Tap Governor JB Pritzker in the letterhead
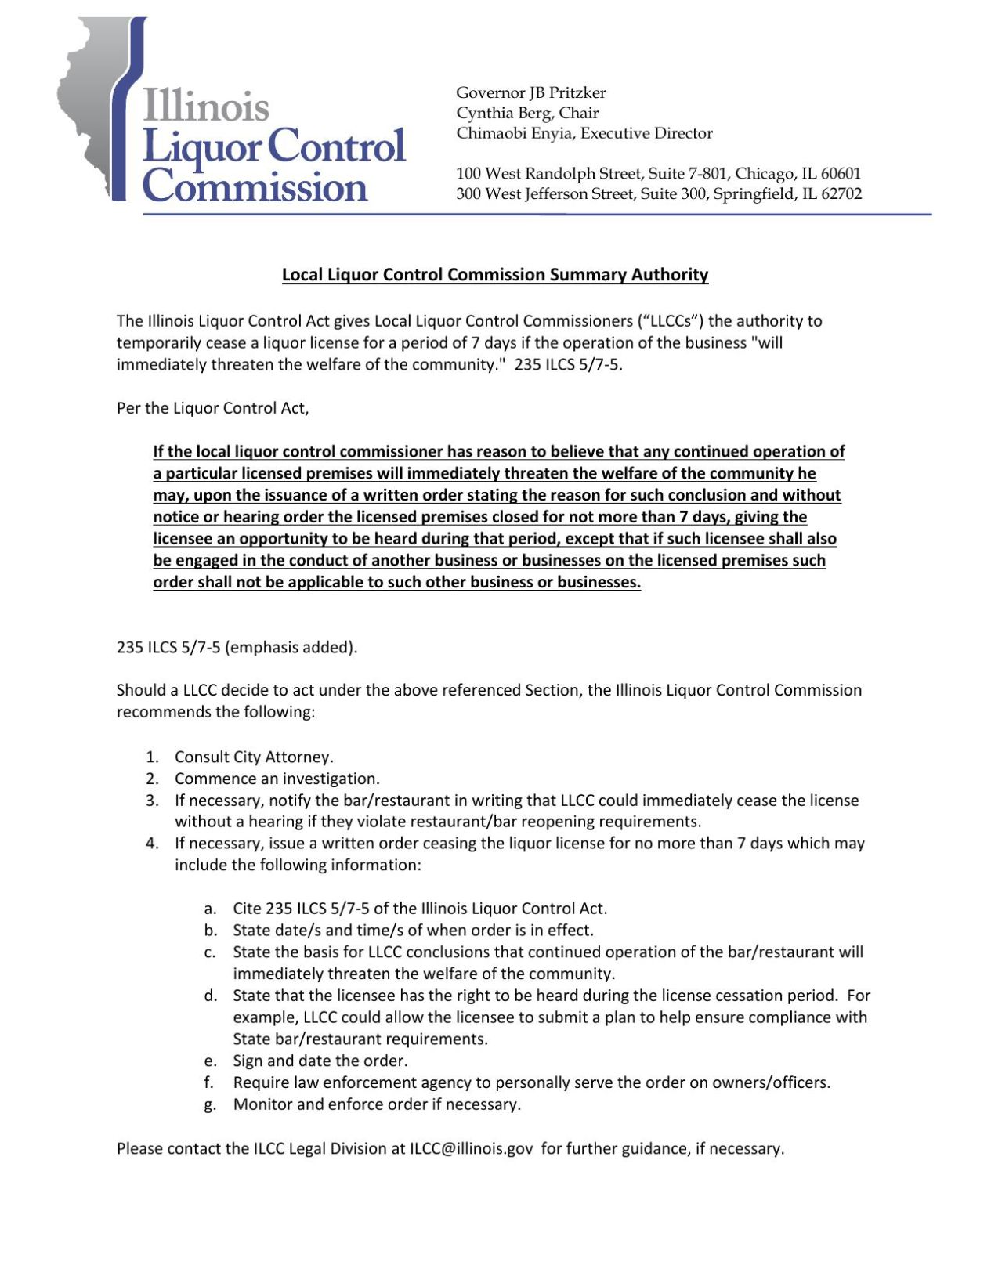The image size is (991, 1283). (530, 92)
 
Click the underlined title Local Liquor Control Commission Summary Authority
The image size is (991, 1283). (495, 275)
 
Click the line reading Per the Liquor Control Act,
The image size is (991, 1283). (212, 408)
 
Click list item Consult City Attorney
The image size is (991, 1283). (254, 757)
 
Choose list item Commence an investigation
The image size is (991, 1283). (277, 779)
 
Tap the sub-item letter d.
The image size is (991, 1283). (210, 996)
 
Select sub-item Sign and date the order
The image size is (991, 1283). (320, 1061)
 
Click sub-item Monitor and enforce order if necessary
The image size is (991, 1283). (377, 1104)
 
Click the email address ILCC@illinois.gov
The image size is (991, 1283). (471, 1148)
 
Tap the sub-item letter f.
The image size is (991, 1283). (209, 1082)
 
